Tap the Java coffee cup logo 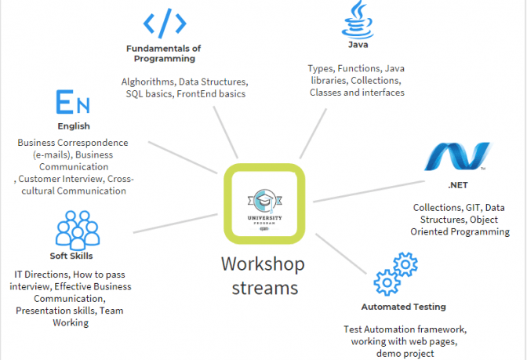pyautogui.click(x=358, y=20)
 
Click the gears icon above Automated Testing pyautogui.click(x=396, y=274)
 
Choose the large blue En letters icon pyautogui.click(x=73, y=103)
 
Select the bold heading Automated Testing pyautogui.click(x=403, y=307)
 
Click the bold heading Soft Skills pyautogui.click(x=71, y=256)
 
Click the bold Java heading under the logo pyautogui.click(x=358, y=45)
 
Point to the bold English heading pyautogui.click(x=74, y=125)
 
